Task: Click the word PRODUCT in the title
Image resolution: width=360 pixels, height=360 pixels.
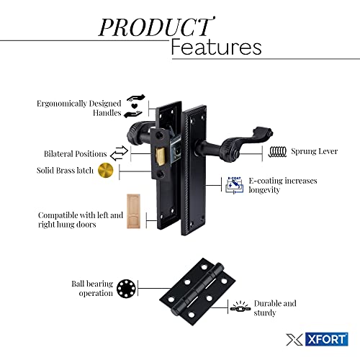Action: point(156,27)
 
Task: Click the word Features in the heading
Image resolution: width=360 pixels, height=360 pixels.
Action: point(216,47)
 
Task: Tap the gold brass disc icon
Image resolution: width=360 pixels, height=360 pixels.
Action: point(106,171)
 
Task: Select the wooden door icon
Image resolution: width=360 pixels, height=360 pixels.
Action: point(133,211)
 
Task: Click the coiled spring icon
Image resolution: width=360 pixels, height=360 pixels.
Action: point(278,152)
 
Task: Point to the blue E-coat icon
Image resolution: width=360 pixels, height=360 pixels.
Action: point(234,185)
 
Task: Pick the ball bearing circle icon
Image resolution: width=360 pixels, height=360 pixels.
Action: point(126,289)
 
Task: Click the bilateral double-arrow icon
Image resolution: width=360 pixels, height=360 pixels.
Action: point(120,153)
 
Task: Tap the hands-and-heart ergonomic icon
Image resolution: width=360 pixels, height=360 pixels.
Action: point(135,106)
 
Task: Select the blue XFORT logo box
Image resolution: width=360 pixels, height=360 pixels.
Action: point(327,339)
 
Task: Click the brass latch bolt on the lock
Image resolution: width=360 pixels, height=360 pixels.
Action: point(161,156)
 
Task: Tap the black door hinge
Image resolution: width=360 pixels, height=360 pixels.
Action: point(197,292)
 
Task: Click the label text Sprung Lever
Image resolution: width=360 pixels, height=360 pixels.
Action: point(315,151)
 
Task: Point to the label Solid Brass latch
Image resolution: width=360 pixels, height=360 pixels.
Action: point(65,171)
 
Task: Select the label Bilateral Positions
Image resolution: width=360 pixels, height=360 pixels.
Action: point(75,154)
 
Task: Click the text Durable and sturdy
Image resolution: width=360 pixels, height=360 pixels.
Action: point(275,308)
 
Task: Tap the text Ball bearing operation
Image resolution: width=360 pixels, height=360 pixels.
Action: point(92,288)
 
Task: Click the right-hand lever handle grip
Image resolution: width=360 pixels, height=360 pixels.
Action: point(247,142)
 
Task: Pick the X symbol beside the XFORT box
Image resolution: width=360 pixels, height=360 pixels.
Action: point(294,340)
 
